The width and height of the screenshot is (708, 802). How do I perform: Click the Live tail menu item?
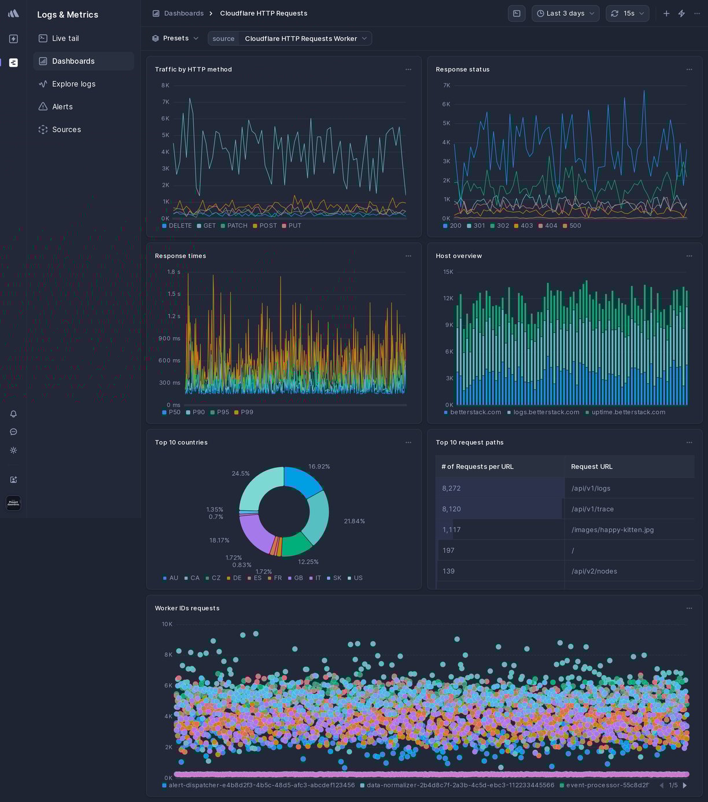click(65, 38)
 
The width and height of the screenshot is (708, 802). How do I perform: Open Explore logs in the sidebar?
click(73, 84)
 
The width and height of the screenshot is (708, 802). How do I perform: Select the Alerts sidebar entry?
click(62, 107)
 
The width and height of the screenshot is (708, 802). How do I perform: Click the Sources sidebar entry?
click(67, 130)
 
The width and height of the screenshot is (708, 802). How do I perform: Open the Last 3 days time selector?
click(565, 13)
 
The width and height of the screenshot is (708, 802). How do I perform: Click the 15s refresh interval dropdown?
click(628, 13)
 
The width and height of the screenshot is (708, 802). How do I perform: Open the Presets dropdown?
click(175, 38)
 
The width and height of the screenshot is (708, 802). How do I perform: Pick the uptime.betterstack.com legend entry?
click(628, 412)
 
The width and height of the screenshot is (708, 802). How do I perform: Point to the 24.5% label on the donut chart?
click(241, 474)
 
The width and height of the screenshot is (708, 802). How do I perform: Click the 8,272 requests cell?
click(452, 488)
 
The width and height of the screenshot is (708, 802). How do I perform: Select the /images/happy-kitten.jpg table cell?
click(613, 530)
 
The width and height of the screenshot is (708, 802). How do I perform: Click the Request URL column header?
click(592, 467)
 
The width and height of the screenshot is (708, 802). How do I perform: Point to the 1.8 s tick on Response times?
click(174, 272)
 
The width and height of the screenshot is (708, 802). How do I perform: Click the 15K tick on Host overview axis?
click(448, 272)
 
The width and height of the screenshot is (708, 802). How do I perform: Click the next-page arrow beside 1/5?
click(685, 785)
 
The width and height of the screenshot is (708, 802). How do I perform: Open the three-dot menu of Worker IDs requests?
click(689, 608)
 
